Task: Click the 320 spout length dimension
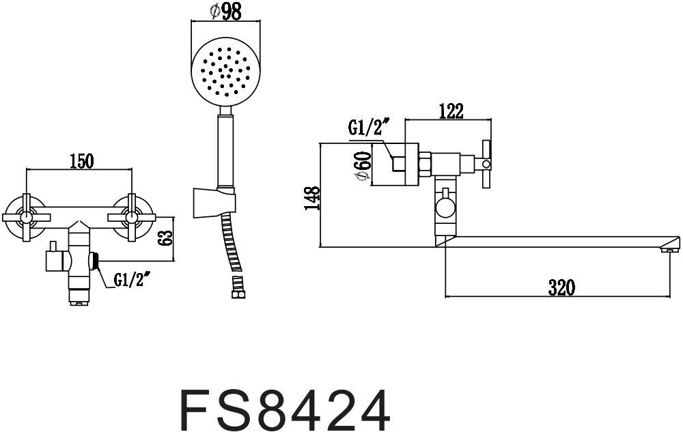pos(560,287)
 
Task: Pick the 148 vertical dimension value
pos(311,199)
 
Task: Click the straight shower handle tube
pos(226,147)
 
